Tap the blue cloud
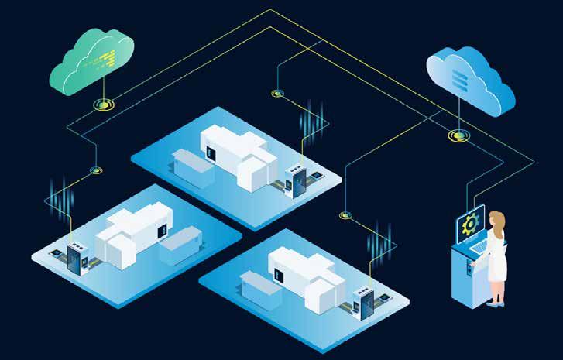tap(470, 78)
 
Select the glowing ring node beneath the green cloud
tap(102, 102)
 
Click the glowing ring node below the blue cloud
tap(458, 135)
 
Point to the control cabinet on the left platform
tap(76, 259)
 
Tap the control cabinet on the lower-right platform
tap(362, 302)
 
